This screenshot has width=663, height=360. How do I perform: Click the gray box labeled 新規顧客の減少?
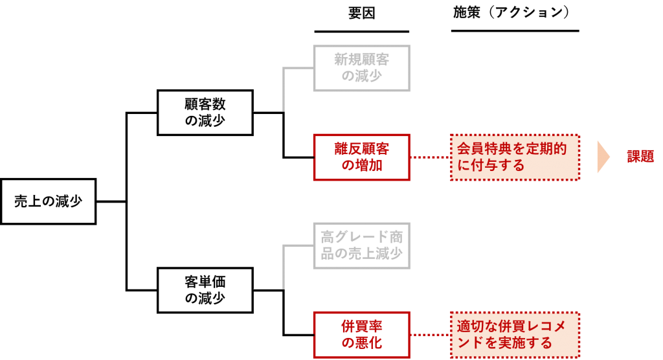pyautogui.click(x=361, y=68)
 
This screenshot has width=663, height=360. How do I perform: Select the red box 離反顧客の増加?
pyautogui.click(x=361, y=157)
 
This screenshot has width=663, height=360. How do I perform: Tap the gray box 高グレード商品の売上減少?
pyautogui.click(x=361, y=245)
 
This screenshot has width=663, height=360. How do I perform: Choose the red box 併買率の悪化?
pyautogui.click(x=361, y=335)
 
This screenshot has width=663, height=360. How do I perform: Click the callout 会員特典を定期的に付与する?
pyautogui.click(x=515, y=157)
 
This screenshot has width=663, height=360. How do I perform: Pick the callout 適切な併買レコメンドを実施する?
pyautogui.click(x=515, y=335)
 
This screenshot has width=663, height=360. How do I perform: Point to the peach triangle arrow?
pyautogui.click(x=603, y=157)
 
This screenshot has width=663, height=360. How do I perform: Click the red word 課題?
pyautogui.click(x=640, y=157)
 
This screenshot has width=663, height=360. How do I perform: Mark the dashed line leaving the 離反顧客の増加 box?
pyautogui.click(x=430, y=157)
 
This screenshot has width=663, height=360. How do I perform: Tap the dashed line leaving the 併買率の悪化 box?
pyautogui.click(x=430, y=335)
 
